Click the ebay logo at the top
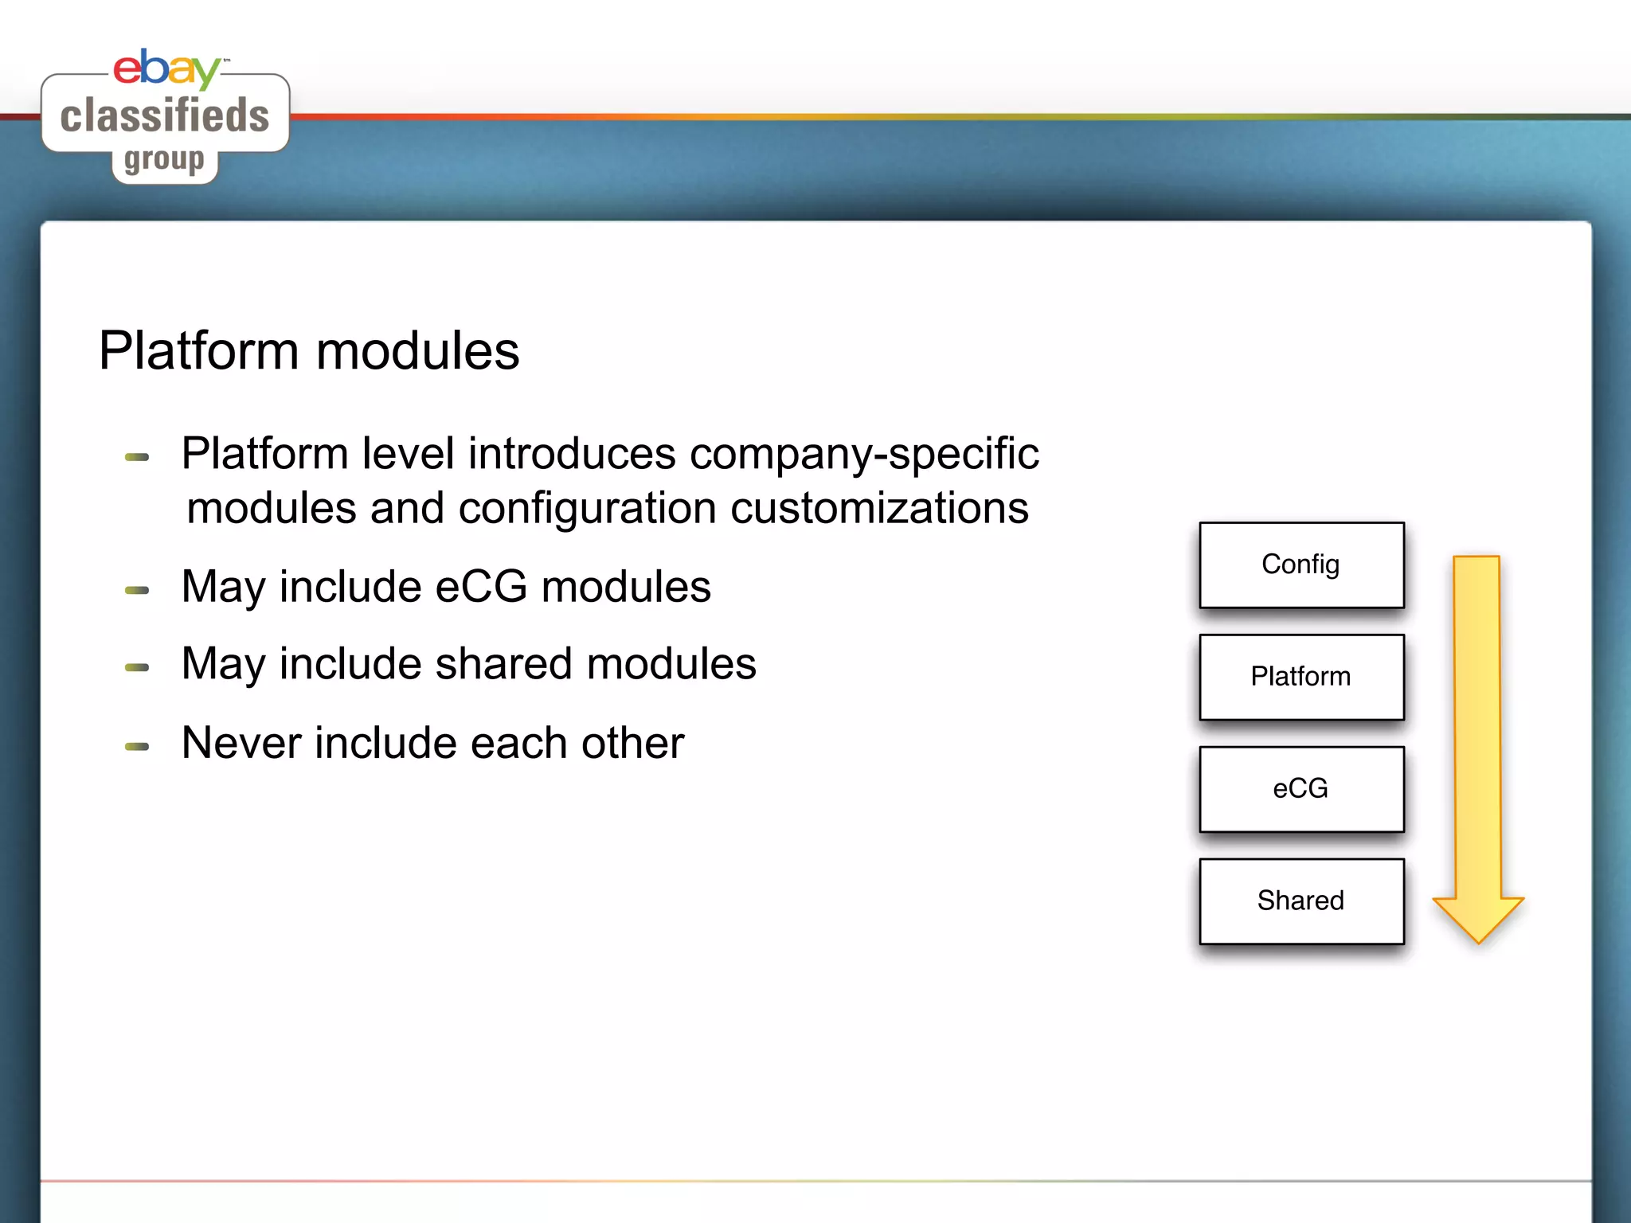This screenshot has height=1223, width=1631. [x=166, y=68]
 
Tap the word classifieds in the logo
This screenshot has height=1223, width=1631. [x=165, y=115]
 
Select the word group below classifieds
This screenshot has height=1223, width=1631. [x=164, y=159]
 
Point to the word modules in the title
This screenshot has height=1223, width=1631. [x=417, y=351]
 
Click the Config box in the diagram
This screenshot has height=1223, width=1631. [x=1300, y=565]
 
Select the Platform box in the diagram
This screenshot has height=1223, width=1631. [x=1300, y=677]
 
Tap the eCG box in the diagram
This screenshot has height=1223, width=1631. [x=1300, y=789]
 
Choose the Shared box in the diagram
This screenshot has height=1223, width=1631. [x=1300, y=901]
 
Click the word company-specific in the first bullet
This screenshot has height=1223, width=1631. [x=863, y=454]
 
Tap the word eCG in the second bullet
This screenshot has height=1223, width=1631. [x=481, y=587]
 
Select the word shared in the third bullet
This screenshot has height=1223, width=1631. [x=503, y=664]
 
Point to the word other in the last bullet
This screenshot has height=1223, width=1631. [x=632, y=743]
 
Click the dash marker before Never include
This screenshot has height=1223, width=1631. [x=137, y=747]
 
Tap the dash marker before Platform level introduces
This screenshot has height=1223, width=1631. [x=137, y=457]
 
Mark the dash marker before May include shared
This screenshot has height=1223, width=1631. [x=137, y=668]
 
